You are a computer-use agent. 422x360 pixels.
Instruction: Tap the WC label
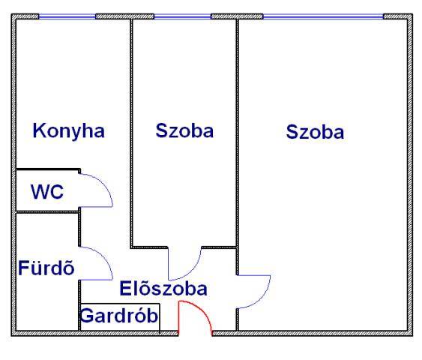pyautogui.click(x=47, y=192)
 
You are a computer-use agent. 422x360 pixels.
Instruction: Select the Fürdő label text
pyautogui.click(x=46, y=268)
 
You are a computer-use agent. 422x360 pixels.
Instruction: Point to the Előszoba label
pyautogui.click(x=163, y=289)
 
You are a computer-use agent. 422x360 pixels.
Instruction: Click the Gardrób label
pyautogui.click(x=119, y=316)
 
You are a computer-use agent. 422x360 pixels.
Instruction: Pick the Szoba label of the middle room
pyautogui.click(x=184, y=130)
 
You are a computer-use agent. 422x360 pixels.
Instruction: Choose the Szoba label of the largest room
pyautogui.click(x=315, y=132)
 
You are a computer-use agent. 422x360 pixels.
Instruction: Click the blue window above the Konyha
pyautogui.click(x=67, y=16)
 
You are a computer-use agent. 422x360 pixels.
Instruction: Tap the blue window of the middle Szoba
pyautogui.click(x=182, y=16)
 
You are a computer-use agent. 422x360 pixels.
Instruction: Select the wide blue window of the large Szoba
pyautogui.click(x=323, y=16)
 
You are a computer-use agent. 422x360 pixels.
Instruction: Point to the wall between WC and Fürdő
pyautogui.click(x=47, y=212)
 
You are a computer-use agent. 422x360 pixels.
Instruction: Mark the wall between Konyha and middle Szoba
pyautogui.click(x=132, y=133)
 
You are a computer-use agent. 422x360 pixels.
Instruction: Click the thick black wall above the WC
pyautogui.click(x=48, y=169)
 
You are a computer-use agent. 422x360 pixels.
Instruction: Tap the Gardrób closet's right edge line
pyautogui.click(x=160, y=319)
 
